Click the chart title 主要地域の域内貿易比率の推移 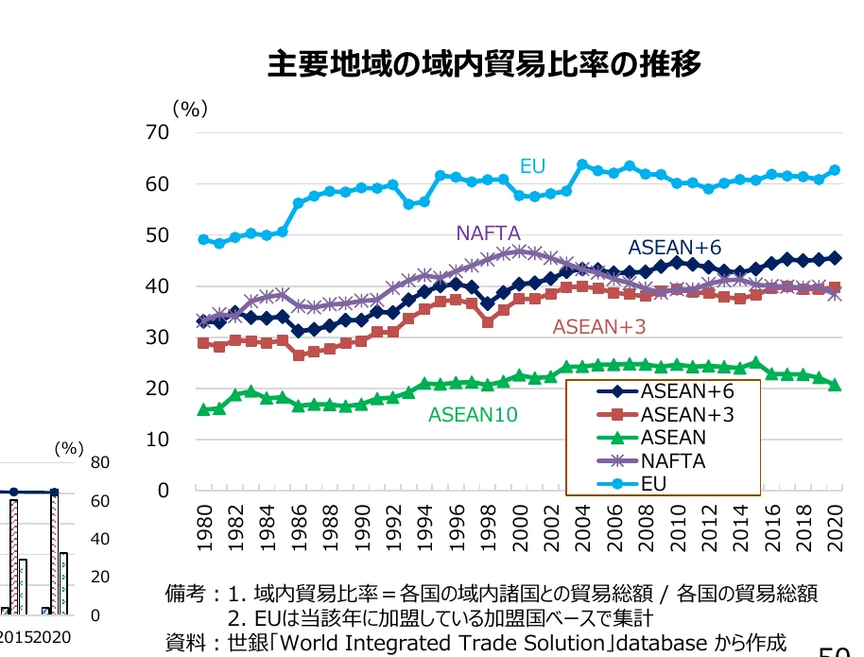coord(484,65)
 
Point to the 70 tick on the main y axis coord(158,133)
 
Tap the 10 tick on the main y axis coord(158,440)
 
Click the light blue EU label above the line coord(532,166)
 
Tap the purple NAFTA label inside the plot coord(488,233)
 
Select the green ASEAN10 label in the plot coord(473,414)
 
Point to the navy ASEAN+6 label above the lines coord(674,247)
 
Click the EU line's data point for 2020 coord(835,170)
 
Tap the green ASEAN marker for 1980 coord(203,409)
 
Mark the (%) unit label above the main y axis coord(189,110)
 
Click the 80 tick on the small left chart coord(101,462)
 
